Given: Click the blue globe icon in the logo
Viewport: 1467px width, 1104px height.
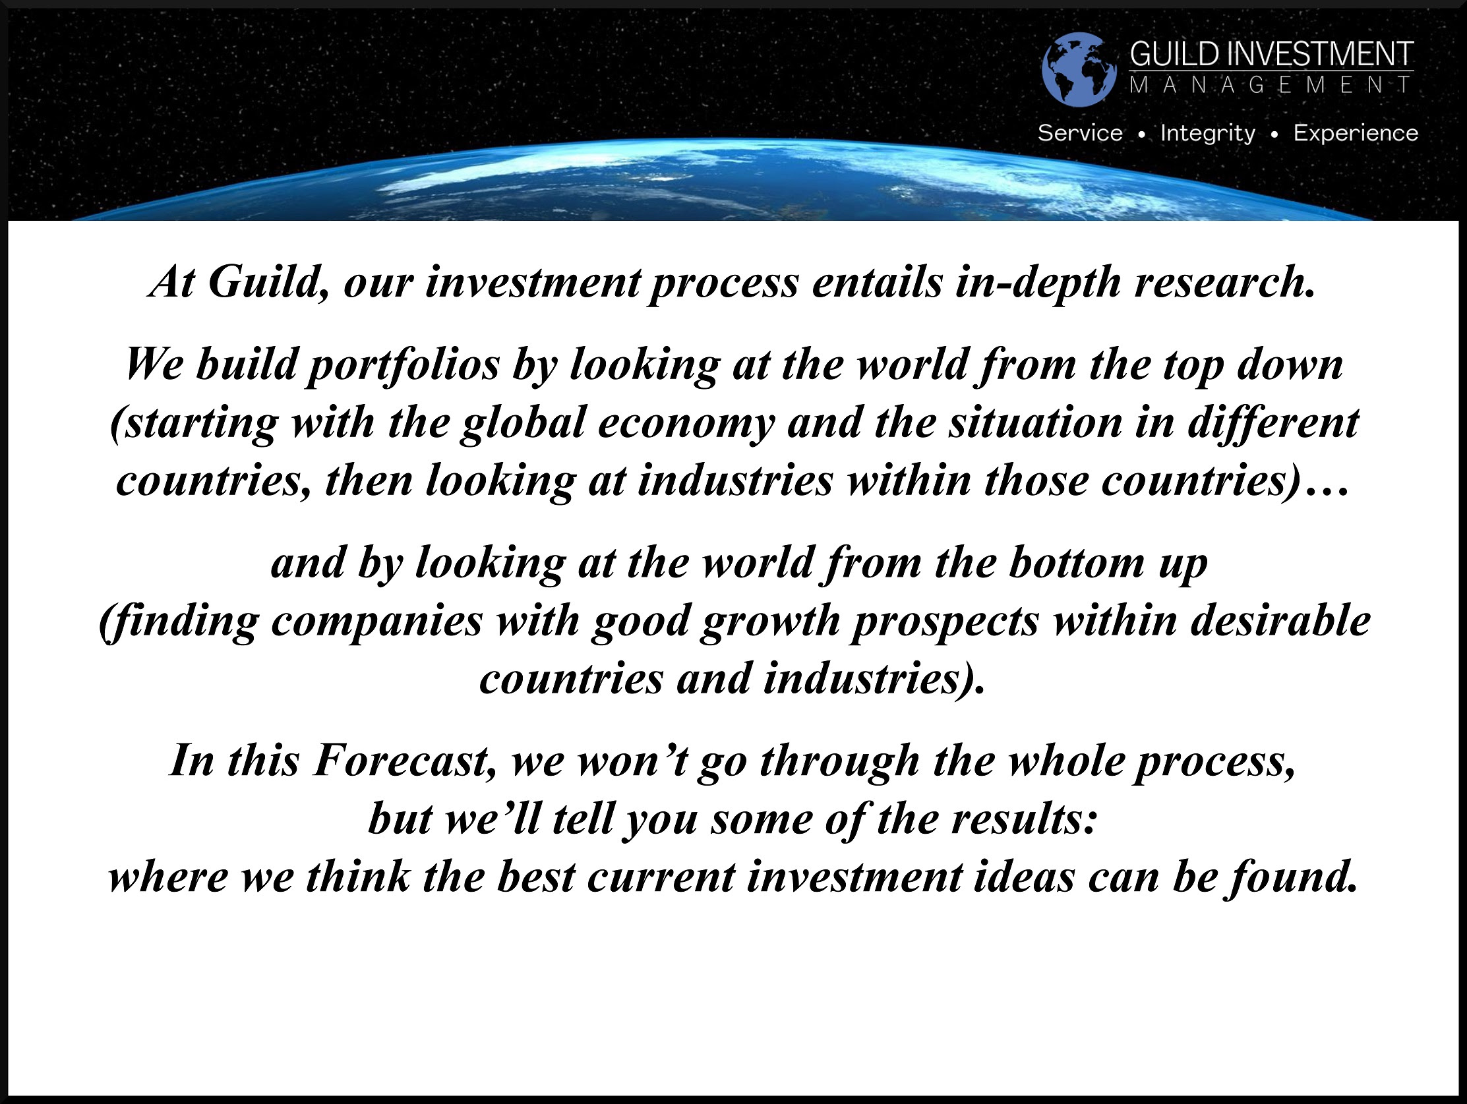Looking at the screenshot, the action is tap(1079, 69).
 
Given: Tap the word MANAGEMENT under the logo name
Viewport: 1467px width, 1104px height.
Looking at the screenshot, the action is tap(1271, 85).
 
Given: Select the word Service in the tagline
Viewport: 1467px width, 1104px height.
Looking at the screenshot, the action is tap(1080, 132).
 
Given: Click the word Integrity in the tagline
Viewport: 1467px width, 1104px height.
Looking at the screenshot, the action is tap(1208, 133).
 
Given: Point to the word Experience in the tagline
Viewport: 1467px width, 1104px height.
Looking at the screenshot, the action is tap(1356, 133).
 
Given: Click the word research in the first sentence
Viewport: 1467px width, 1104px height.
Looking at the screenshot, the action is tap(1224, 282).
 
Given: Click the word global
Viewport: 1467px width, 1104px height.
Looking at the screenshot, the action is tap(524, 423).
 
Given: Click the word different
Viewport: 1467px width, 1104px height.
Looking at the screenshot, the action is tap(1272, 422).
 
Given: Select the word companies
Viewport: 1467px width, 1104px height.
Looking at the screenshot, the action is tap(376, 622).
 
